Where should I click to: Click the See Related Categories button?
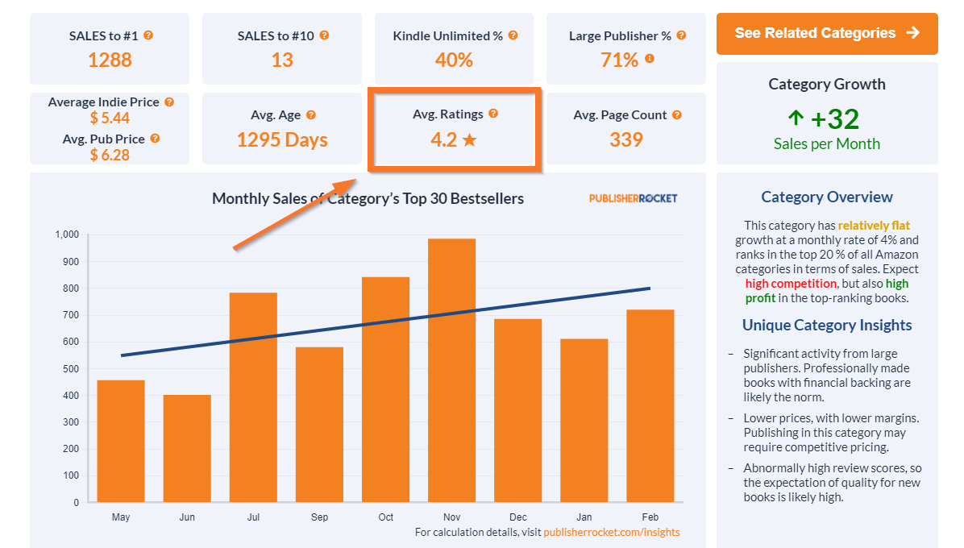coord(826,33)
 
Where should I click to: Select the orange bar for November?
coord(451,371)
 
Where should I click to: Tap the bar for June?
coord(187,448)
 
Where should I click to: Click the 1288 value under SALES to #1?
coord(110,60)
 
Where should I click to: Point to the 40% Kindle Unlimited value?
coord(455,60)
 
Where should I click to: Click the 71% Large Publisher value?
coord(619,60)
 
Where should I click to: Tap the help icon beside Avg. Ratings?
coord(493,114)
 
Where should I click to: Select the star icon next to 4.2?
coord(470,140)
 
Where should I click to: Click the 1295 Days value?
coord(282,140)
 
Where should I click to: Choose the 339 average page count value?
coord(625,140)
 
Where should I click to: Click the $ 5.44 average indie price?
coord(110,119)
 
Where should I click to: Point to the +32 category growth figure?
coord(834,119)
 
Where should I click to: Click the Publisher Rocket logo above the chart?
coord(633,198)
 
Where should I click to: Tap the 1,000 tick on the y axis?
coord(67,235)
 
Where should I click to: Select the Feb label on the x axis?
coord(650,517)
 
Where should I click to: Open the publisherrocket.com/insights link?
coord(611,533)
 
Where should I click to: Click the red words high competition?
coord(791,284)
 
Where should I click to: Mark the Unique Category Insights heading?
coord(827,326)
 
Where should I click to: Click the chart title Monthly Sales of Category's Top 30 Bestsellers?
coord(368,198)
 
